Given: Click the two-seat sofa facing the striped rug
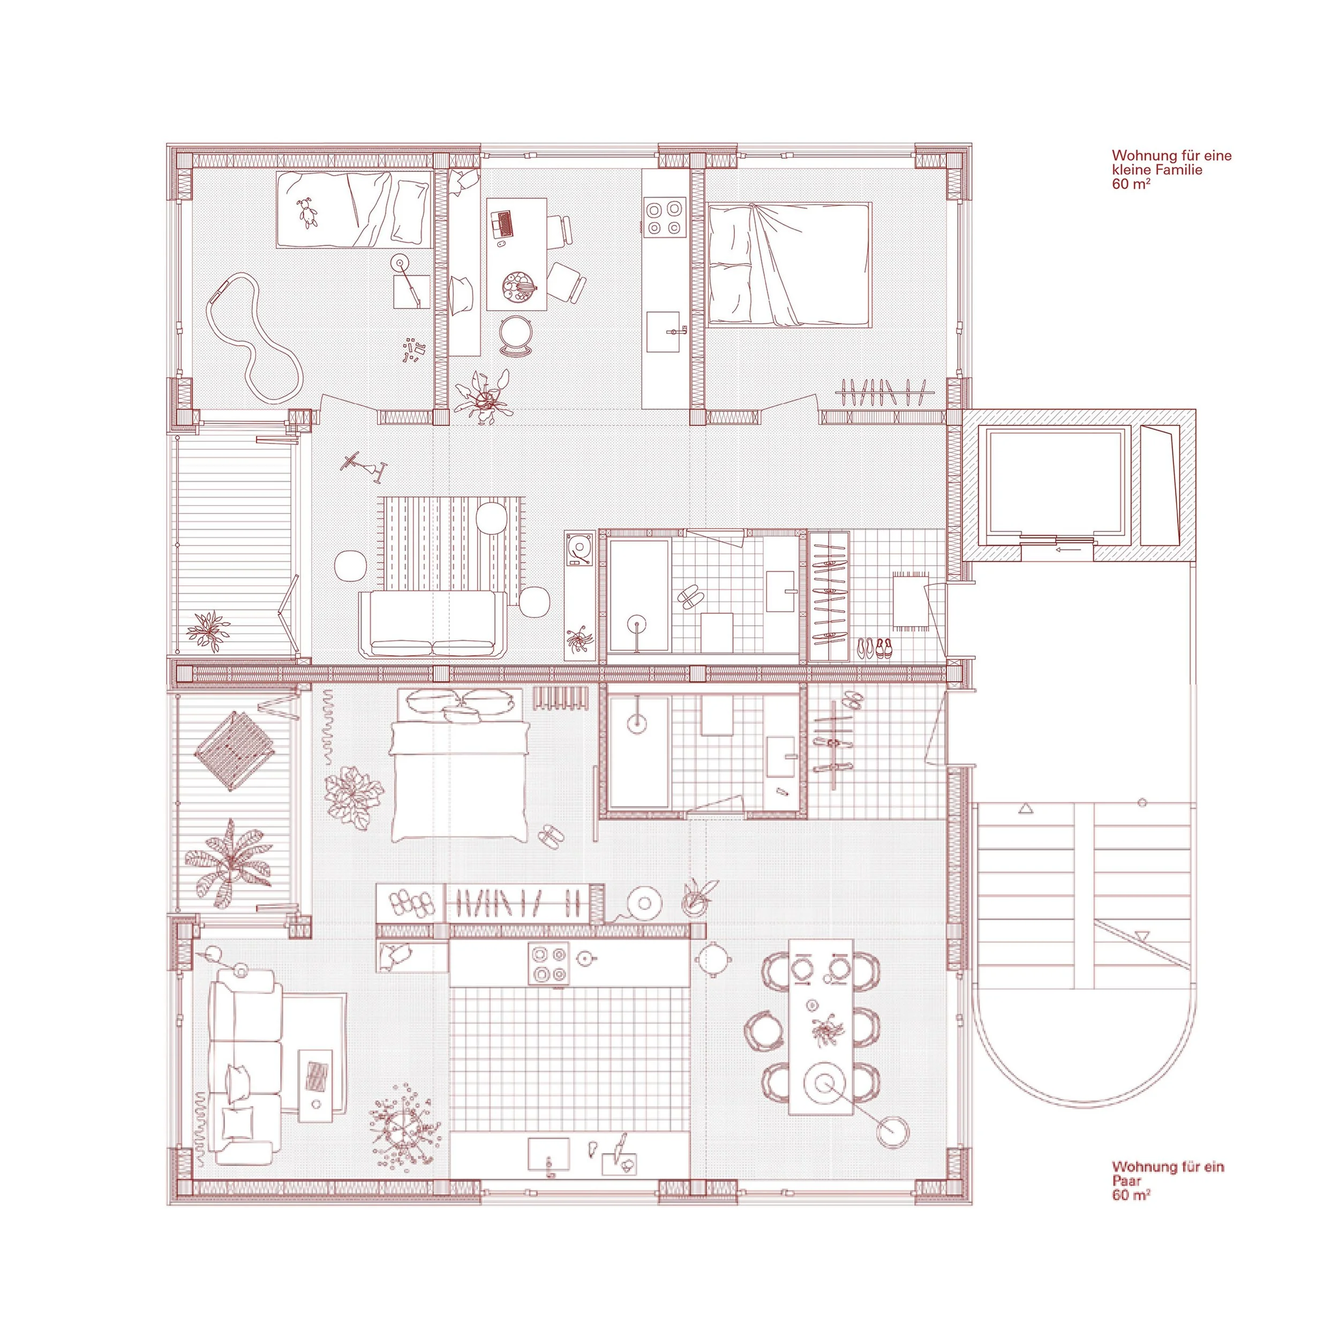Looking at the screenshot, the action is pos(432,624).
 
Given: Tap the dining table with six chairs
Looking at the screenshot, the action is pos(821,1037).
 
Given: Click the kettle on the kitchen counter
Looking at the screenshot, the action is pos(587,957).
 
